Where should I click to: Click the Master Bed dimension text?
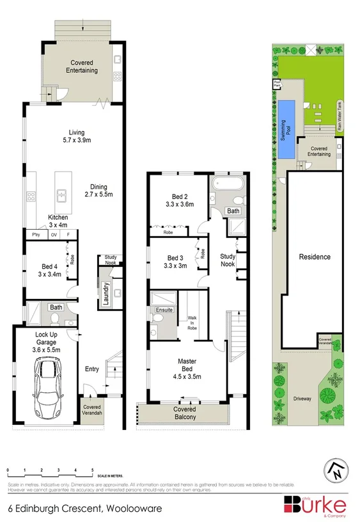(183, 377)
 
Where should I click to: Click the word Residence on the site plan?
(315, 257)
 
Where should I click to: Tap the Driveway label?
(303, 399)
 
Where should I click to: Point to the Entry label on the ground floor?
(92, 369)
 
